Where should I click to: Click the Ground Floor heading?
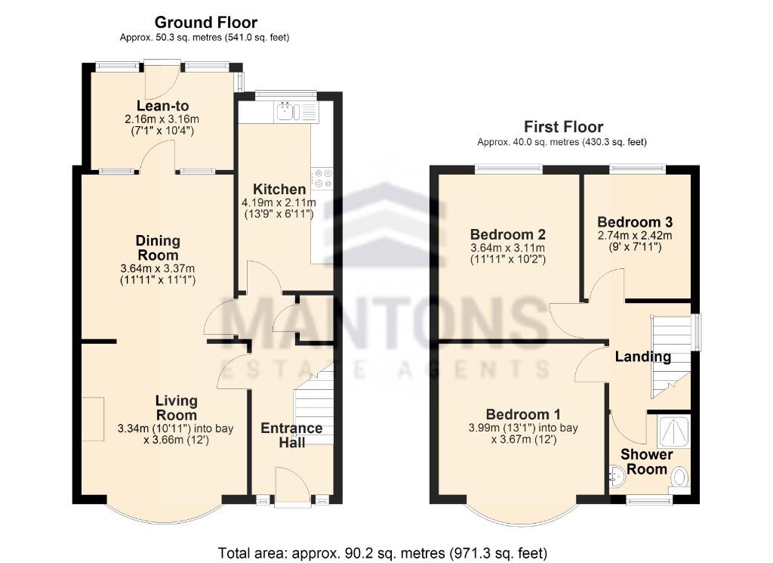pyautogui.click(x=205, y=23)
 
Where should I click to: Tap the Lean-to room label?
pyautogui.click(x=162, y=106)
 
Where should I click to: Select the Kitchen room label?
pyautogui.click(x=279, y=189)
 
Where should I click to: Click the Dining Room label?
pyautogui.click(x=158, y=248)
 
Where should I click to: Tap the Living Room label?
pyautogui.click(x=176, y=407)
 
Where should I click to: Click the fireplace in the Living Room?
pyautogui.click(x=93, y=418)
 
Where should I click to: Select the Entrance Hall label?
pyautogui.click(x=291, y=435)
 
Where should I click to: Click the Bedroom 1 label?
pyautogui.click(x=523, y=414)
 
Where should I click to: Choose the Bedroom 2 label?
pyautogui.click(x=507, y=234)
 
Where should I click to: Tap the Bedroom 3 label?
pyautogui.click(x=634, y=222)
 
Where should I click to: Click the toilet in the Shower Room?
pyautogui.click(x=679, y=478)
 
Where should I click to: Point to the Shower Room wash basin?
pyautogui.click(x=617, y=476)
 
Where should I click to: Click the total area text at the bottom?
pyautogui.click(x=382, y=552)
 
